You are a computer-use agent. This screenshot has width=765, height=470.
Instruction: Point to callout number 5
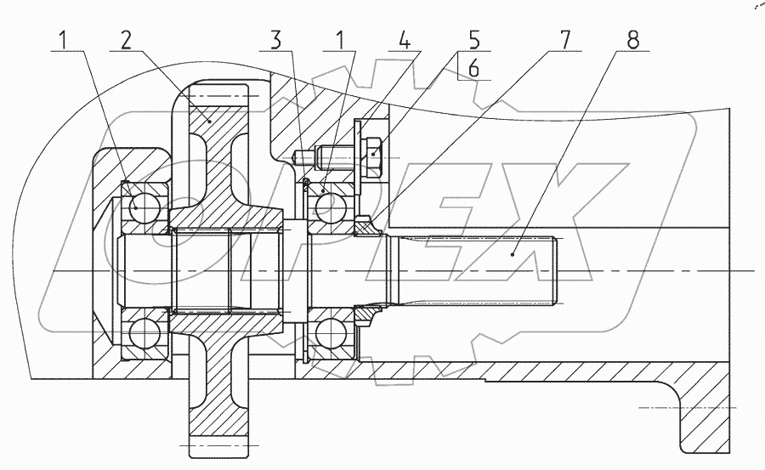click(473, 41)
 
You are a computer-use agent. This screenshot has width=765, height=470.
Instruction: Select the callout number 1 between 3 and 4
click(340, 41)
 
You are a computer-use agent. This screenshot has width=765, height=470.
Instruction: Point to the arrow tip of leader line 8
click(513, 253)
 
